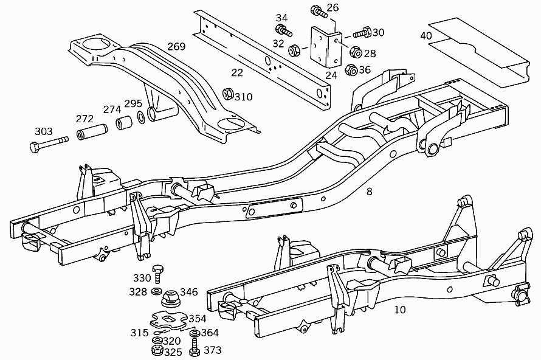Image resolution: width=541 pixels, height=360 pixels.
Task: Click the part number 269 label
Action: click(x=176, y=46)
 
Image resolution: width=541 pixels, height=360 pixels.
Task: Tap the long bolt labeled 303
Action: click(x=49, y=144)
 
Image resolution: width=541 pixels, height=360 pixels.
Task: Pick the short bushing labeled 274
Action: click(x=124, y=123)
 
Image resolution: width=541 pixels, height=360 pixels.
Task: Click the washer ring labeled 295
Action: click(x=141, y=117)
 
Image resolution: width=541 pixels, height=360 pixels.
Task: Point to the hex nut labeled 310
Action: click(x=228, y=94)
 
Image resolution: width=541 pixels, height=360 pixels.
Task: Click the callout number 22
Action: click(x=237, y=72)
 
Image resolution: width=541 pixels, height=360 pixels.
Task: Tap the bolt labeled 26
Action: click(x=319, y=11)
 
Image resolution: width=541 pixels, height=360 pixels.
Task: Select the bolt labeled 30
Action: click(x=362, y=33)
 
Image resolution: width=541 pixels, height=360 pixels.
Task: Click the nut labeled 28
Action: click(x=356, y=52)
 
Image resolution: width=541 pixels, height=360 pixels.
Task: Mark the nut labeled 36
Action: click(x=351, y=70)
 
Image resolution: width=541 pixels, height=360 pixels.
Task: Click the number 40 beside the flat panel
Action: click(x=426, y=35)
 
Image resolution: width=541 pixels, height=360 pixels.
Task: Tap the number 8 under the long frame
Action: click(x=369, y=191)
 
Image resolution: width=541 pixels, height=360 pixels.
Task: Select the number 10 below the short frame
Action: click(x=400, y=310)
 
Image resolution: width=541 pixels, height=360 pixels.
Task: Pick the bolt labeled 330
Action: click(x=157, y=274)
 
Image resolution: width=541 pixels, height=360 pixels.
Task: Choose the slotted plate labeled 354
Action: click(x=168, y=320)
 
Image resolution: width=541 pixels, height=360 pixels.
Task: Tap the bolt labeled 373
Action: click(x=195, y=347)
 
